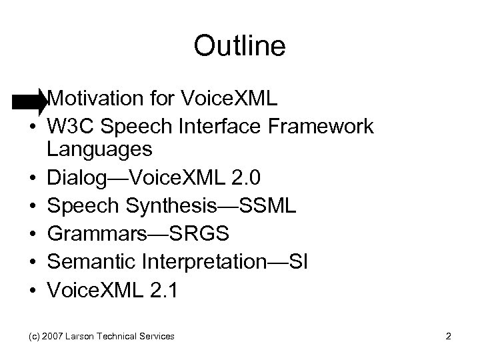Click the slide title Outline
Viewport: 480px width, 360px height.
(239, 46)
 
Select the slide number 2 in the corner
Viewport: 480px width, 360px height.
(449, 337)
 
